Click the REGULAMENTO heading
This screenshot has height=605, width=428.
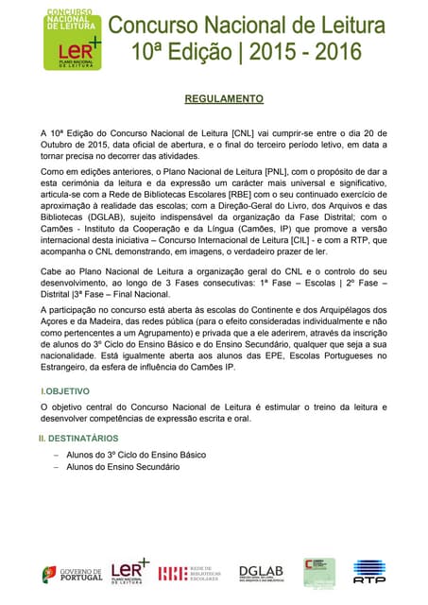pos(223,98)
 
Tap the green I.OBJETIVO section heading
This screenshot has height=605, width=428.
pos(65,390)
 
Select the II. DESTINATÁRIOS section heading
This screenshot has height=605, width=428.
pos(78,439)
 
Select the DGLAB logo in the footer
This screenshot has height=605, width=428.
pos(261,573)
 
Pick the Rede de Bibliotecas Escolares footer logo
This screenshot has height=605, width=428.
pos(190,573)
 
